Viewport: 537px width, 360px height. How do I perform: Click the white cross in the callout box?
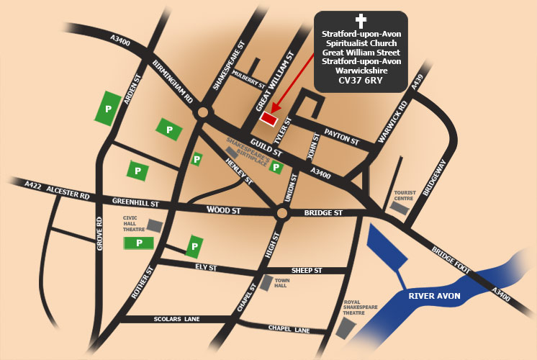coord(361,22)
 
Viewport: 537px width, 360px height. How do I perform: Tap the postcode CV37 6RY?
coord(361,81)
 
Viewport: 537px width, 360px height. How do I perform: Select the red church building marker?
coord(268,117)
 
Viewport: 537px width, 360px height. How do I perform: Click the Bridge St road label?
coord(324,213)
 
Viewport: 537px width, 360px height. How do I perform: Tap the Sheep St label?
coord(306,270)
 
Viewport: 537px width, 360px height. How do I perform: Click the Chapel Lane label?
coord(289,329)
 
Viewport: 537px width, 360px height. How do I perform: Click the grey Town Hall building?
coord(266,283)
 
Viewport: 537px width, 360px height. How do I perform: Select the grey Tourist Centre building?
coord(398,207)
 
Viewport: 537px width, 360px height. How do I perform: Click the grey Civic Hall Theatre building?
coord(154,226)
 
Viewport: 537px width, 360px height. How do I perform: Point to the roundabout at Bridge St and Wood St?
coord(281,213)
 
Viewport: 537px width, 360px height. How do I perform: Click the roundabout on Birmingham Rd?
coord(203,112)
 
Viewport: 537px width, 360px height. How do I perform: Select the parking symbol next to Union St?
coord(275,169)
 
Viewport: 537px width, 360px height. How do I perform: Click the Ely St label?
coord(206,267)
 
